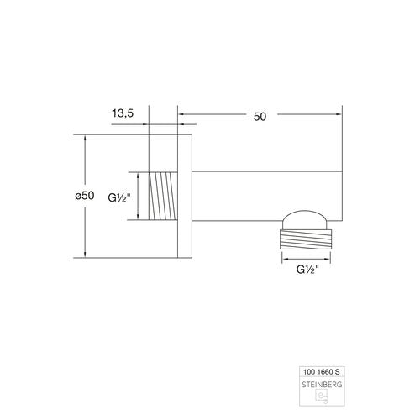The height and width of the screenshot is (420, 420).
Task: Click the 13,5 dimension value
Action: click(x=123, y=113)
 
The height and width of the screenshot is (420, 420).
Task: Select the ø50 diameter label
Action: click(x=85, y=196)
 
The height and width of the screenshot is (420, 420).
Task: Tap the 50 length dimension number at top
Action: click(x=260, y=117)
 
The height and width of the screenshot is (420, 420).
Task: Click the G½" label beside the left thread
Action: click(x=119, y=198)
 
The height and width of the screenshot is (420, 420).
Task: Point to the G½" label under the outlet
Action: click(x=307, y=270)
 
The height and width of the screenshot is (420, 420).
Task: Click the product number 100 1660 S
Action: click(x=322, y=372)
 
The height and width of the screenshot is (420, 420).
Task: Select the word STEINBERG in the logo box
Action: click(x=322, y=385)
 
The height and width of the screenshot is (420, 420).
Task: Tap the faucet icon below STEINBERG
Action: click(x=322, y=397)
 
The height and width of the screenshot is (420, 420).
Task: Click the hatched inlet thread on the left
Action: click(x=163, y=196)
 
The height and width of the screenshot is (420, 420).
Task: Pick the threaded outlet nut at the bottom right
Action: click(x=306, y=239)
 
